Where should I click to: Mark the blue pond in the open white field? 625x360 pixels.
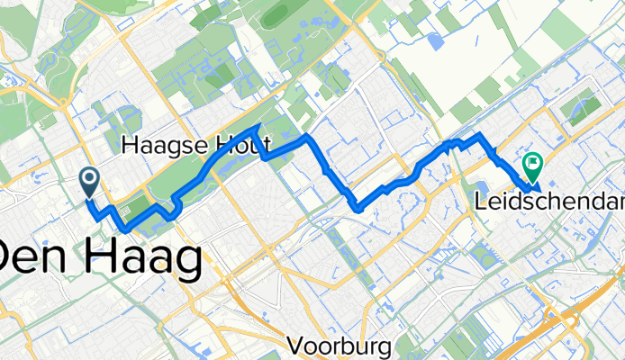[436, 40]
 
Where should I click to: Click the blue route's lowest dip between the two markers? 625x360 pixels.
[358, 210]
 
